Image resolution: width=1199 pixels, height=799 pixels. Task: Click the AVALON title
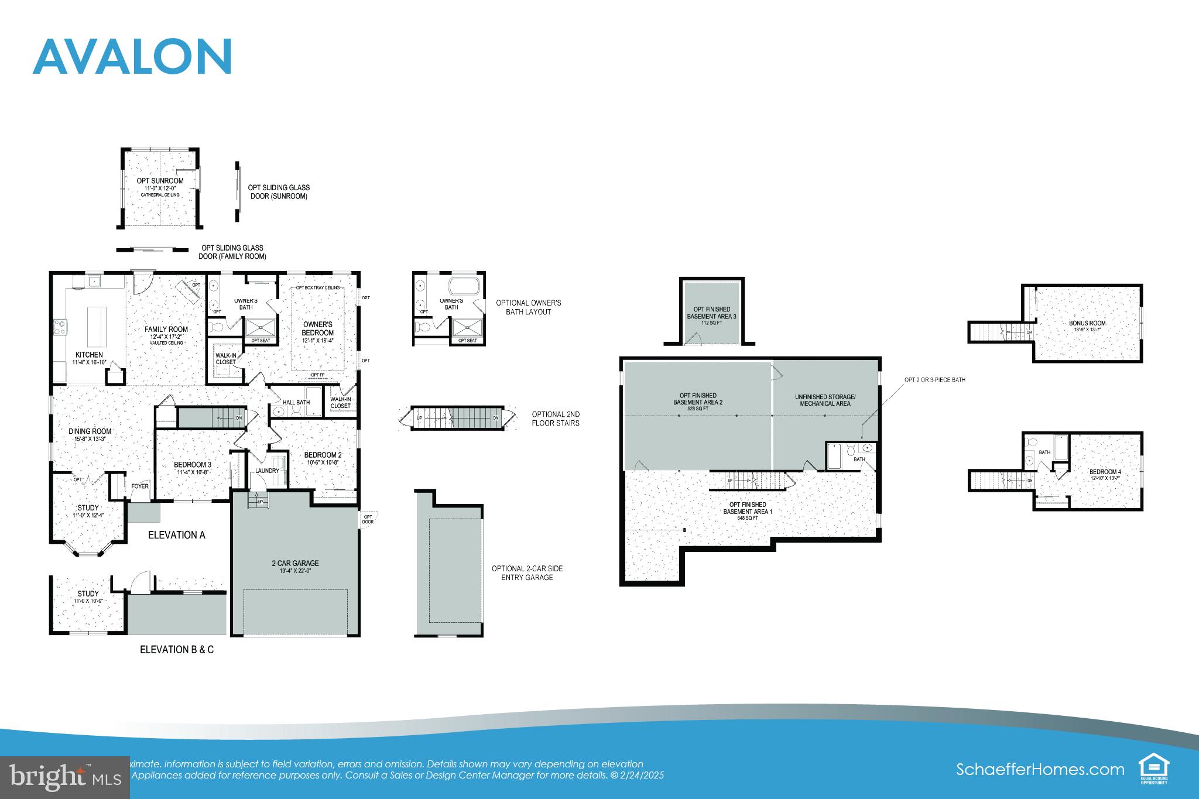tap(133, 57)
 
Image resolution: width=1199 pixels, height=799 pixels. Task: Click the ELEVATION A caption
tap(176, 535)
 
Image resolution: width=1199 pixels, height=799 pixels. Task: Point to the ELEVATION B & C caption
tap(176, 650)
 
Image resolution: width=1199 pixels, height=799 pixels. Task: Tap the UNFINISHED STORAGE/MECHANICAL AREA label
tap(825, 400)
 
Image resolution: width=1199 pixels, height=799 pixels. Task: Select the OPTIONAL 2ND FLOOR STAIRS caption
tap(556, 418)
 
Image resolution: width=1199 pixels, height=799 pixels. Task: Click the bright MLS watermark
tap(64, 777)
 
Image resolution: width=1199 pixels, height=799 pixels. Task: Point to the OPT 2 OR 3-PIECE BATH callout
tap(934, 380)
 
